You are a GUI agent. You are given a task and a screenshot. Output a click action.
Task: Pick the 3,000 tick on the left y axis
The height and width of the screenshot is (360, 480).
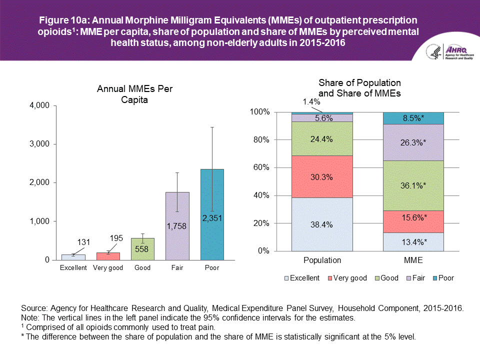click(x=38, y=144)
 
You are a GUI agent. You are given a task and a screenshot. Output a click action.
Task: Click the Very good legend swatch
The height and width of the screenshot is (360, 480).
click(x=330, y=278)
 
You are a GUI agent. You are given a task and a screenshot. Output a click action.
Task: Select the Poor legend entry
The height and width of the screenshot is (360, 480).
click(x=442, y=278)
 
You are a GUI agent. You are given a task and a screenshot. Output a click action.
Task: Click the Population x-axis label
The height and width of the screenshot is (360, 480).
click(x=322, y=260)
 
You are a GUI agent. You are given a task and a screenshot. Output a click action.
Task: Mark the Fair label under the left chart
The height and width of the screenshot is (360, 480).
click(x=177, y=268)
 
